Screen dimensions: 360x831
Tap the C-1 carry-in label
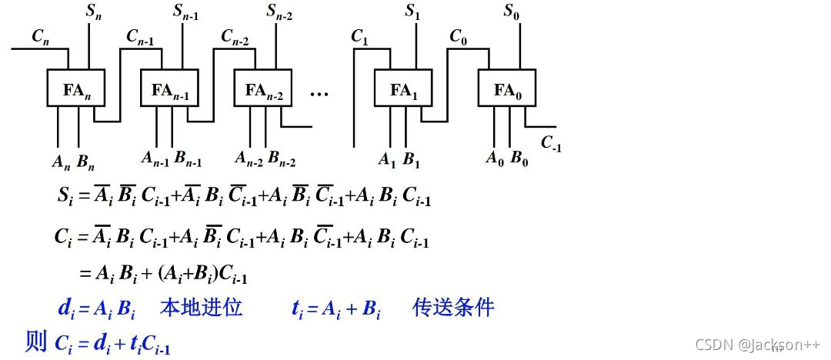[x=552, y=143]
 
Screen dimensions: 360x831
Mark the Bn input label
[x=85, y=162]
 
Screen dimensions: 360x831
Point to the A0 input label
[x=494, y=159]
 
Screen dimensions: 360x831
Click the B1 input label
[x=412, y=160]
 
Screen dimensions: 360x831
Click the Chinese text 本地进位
[x=201, y=308]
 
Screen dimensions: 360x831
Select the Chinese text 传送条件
[x=453, y=308]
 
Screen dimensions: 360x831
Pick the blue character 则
[x=36, y=341]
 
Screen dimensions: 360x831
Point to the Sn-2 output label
[x=280, y=12]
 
